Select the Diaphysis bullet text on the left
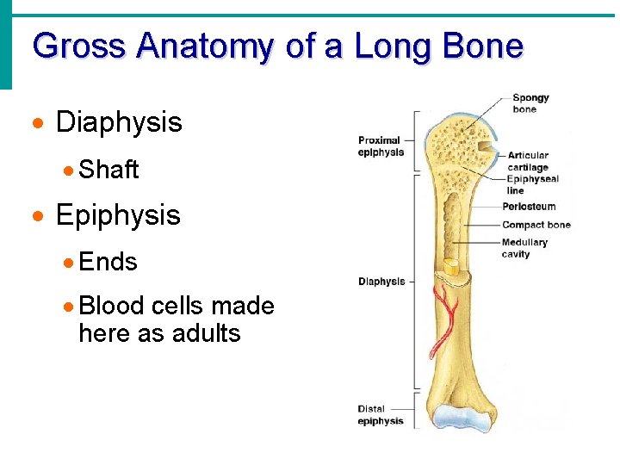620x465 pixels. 119,122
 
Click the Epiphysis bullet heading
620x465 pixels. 118,214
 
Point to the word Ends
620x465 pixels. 108,261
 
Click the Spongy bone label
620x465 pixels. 530,103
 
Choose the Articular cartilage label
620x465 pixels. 528,161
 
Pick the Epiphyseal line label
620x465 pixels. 532,184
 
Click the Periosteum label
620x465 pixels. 529,207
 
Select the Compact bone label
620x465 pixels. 536,225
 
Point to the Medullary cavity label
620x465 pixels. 524,248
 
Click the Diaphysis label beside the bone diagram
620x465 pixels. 381,282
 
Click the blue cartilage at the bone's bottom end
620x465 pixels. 460,418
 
